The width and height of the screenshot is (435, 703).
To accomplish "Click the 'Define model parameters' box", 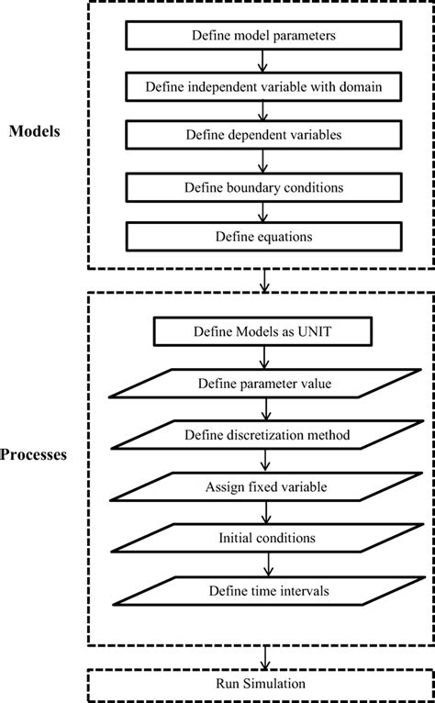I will point(262,36).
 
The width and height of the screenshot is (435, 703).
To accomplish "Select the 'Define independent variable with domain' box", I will point(262,86).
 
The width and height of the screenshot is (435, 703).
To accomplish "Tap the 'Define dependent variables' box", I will point(262,136).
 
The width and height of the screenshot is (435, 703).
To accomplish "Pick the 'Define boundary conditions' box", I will point(262,186).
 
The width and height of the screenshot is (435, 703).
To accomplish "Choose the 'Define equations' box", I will point(262,236).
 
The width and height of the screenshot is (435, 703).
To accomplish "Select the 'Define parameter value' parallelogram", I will point(262,382).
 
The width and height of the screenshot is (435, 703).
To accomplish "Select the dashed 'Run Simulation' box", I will point(262,685).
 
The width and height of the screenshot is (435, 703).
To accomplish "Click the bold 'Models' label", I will point(36,131).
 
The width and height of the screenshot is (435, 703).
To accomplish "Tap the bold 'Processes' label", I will point(34,454).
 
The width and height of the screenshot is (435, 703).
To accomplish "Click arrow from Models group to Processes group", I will point(263,281).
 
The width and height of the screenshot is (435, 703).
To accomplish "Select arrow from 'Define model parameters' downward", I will point(263,61).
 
